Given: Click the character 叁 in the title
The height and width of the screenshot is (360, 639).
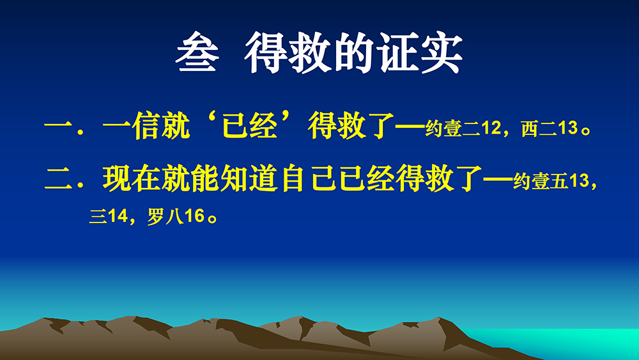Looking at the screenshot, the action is click(x=197, y=52).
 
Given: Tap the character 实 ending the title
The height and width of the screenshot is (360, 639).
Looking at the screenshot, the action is click(x=442, y=52).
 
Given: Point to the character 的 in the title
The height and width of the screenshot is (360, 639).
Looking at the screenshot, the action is click(x=353, y=52).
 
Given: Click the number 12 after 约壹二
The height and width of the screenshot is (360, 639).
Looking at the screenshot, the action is click(x=491, y=129).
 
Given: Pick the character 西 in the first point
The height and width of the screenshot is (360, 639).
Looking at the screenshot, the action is click(x=530, y=129).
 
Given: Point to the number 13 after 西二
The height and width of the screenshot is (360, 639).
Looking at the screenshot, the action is click(x=568, y=129).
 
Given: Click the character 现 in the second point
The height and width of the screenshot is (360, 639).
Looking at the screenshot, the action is click(x=117, y=178).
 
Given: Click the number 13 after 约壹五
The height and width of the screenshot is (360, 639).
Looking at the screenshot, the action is click(x=579, y=180).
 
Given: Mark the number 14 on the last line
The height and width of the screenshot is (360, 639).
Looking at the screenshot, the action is click(x=118, y=216).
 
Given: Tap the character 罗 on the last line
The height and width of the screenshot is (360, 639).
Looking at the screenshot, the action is click(x=155, y=217).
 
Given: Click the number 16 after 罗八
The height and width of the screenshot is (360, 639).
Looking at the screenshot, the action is click(x=194, y=216).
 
